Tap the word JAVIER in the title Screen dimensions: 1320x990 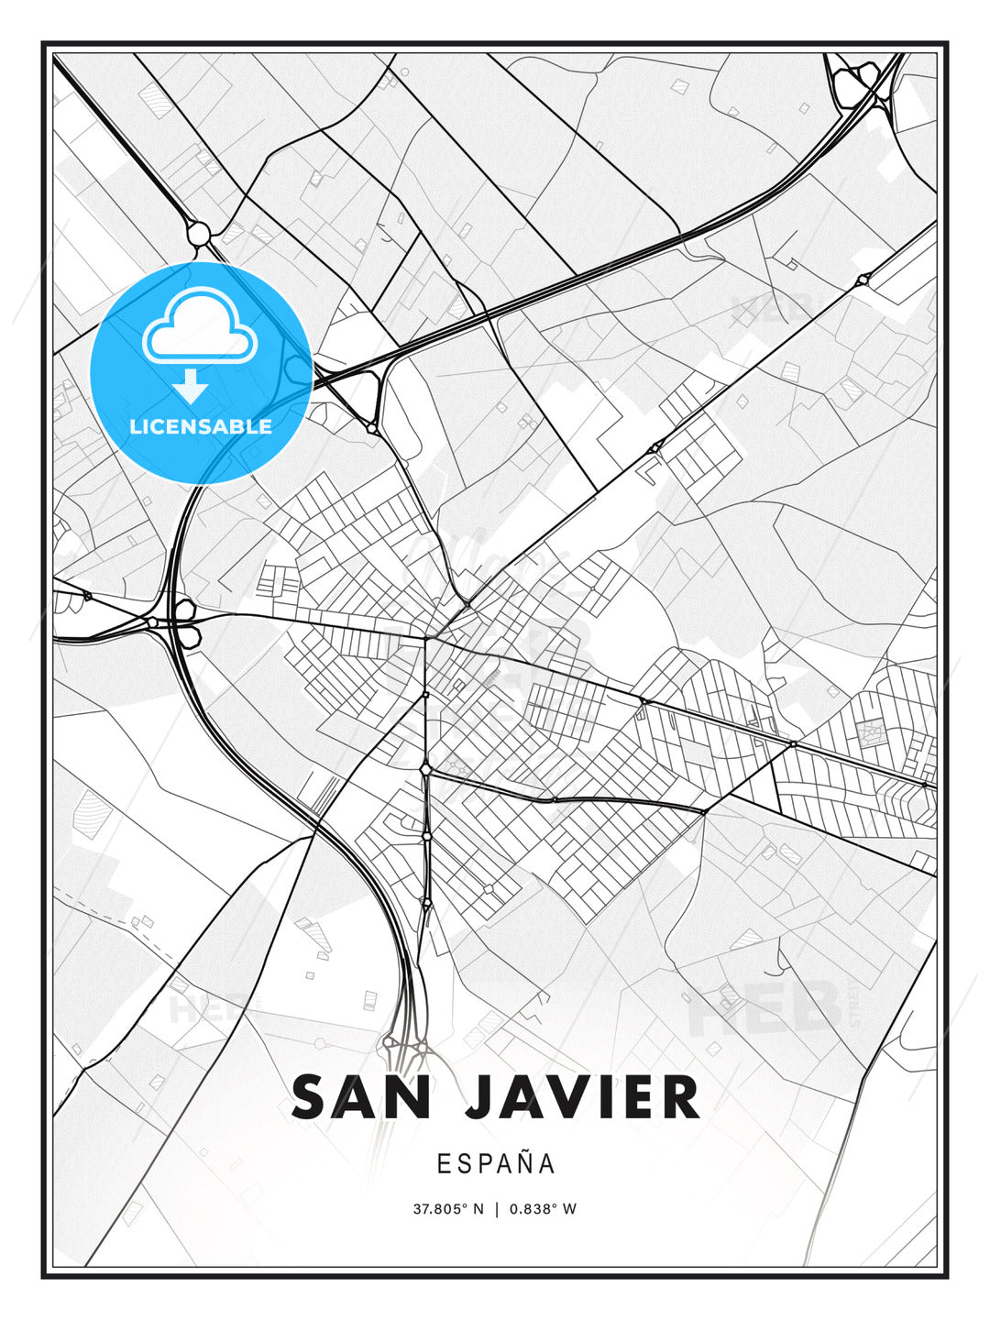(x=582, y=1097)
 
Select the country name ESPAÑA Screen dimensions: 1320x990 (x=496, y=1164)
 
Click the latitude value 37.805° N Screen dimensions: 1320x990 (x=447, y=1209)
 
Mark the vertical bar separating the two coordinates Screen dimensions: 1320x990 (x=496, y=1209)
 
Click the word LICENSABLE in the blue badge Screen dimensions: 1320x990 (x=201, y=426)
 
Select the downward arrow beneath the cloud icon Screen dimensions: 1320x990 (x=191, y=386)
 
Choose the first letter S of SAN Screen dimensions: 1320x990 (x=312, y=1097)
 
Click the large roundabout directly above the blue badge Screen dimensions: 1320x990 (x=199, y=234)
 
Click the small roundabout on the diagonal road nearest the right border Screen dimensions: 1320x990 (x=862, y=280)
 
